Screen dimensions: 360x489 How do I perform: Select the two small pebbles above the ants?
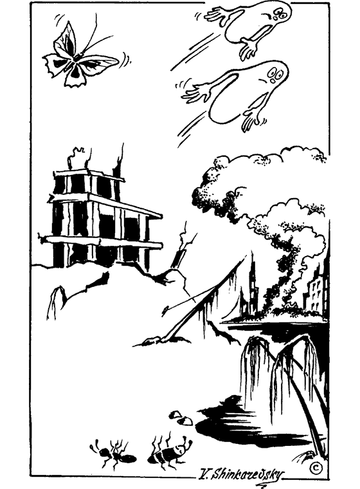(181, 418)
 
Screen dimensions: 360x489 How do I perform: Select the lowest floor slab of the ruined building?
(103, 242)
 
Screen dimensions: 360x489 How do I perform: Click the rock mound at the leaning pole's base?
(162, 342)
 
